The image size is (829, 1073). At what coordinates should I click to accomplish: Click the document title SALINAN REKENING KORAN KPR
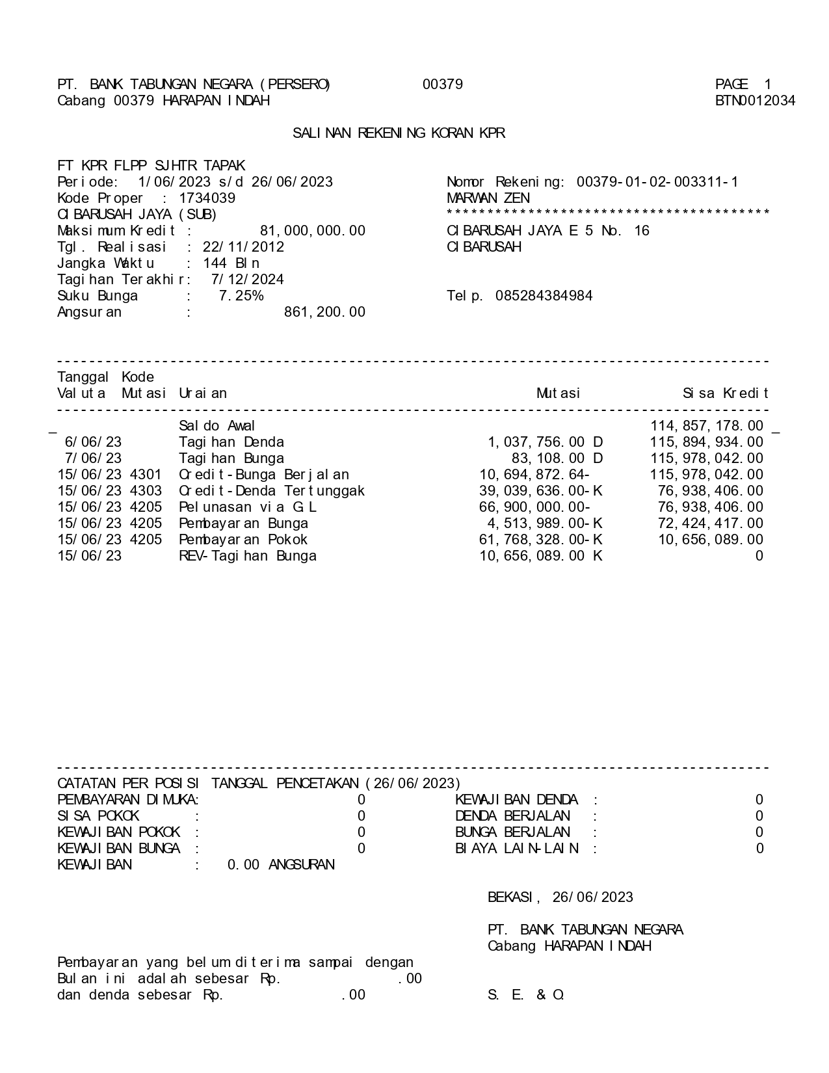click(399, 133)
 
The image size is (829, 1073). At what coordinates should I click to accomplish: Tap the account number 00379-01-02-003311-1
click(657, 182)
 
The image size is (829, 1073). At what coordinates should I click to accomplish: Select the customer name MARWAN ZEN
click(488, 198)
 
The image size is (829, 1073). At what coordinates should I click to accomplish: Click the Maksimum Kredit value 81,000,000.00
click(312, 231)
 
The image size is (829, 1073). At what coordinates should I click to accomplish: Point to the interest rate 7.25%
click(241, 296)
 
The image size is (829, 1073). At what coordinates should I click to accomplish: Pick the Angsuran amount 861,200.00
click(324, 312)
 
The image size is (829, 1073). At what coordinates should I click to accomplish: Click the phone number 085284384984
click(544, 296)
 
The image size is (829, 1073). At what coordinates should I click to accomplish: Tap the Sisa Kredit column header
click(725, 393)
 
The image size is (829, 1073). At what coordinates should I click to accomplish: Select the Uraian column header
click(203, 393)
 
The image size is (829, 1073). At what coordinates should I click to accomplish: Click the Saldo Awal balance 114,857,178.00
click(707, 426)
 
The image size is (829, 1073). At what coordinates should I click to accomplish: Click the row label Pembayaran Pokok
click(243, 540)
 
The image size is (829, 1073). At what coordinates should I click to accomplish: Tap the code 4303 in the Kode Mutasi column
click(146, 491)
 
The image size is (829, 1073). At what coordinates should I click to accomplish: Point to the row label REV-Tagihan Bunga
click(248, 556)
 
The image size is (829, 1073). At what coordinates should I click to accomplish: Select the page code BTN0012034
click(755, 101)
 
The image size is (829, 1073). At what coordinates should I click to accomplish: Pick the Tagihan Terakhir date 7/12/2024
click(247, 280)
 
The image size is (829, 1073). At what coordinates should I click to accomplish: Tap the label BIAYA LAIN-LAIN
click(517, 849)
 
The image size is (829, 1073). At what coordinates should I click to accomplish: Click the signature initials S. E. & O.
click(526, 995)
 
